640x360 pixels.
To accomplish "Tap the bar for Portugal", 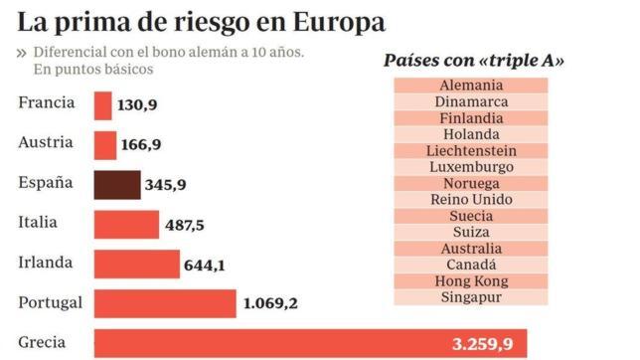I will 165,303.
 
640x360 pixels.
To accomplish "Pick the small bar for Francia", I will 103,105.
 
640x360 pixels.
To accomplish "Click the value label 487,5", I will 185,226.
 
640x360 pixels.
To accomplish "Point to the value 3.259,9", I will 482,345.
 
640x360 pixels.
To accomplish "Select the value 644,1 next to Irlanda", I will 206,266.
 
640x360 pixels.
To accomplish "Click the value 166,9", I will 141,145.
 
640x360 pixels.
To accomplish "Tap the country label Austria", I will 46,142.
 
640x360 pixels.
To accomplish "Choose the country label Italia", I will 39,222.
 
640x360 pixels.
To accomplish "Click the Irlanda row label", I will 46,262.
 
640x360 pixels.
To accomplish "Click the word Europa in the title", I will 332,21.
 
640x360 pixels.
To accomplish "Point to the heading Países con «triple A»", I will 474,61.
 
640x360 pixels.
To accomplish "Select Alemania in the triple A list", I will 471,86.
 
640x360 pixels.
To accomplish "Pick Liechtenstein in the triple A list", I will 471,150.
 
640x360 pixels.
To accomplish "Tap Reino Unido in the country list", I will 471,199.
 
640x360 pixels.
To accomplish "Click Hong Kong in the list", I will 471,280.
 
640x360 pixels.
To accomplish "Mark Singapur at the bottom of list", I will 471,296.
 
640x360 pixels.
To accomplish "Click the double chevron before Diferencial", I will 22,53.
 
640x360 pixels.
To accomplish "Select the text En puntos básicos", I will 93,70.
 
